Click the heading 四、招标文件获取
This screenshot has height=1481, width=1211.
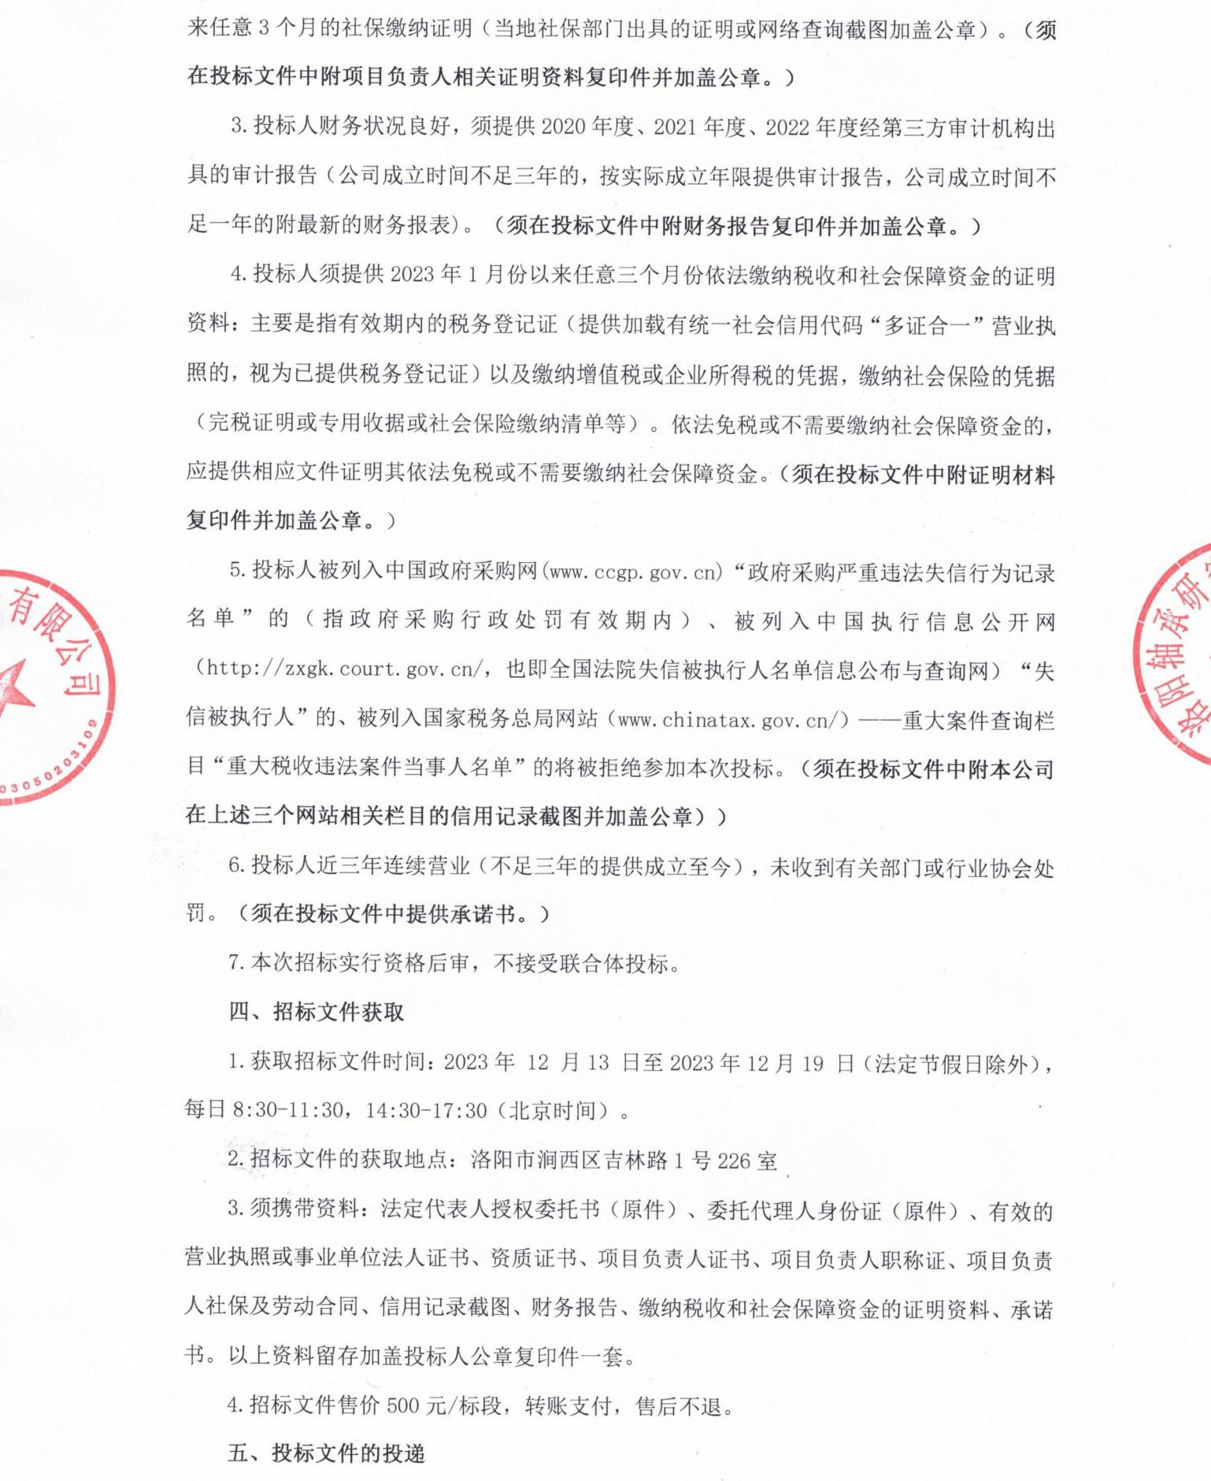317,1012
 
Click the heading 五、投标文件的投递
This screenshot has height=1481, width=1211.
327,1453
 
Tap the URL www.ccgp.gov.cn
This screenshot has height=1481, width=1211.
635,572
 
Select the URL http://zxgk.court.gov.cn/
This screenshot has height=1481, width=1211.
339,669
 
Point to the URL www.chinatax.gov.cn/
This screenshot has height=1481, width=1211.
733,720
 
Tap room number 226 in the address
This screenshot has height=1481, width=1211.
734,1161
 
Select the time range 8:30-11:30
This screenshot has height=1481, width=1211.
288,1110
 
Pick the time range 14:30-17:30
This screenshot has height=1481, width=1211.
426,1110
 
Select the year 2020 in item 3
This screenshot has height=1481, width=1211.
564,128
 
